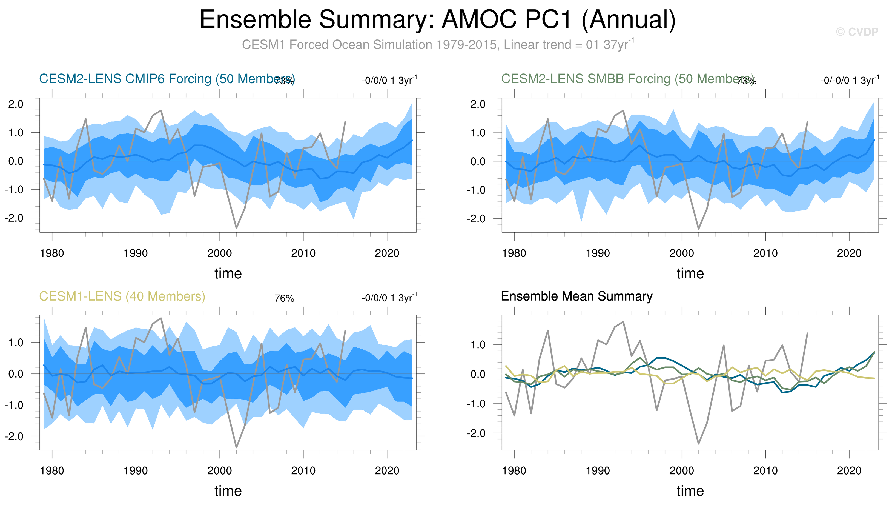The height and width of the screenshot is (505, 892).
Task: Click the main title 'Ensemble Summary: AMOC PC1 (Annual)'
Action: click(x=437, y=19)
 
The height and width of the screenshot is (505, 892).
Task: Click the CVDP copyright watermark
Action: click(x=857, y=32)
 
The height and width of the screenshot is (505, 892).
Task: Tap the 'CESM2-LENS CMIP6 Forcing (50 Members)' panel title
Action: click(x=167, y=79)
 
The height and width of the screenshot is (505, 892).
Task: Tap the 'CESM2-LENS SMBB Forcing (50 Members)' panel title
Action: click(x=627, y=79)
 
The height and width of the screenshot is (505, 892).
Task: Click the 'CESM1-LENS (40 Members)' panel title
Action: click(x=122, y=296)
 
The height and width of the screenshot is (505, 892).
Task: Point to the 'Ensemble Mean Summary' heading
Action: click(x=576, y=296)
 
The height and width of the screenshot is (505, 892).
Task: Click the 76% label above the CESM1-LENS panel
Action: click(x=284, y=298)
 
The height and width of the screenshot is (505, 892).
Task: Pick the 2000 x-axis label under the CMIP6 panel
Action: click(x=219, y=253)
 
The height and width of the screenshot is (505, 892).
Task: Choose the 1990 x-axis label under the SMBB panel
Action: click(x=598, y=253)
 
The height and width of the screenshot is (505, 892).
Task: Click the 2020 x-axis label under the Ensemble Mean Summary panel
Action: click(x=849, y=471)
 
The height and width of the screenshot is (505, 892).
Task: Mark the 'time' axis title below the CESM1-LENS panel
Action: click(x=228, y=491)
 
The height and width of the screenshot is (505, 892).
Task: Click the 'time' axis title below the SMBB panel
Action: click(x=690, y=273)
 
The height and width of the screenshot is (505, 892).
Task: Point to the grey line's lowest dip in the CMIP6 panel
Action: click(x=236, y=228)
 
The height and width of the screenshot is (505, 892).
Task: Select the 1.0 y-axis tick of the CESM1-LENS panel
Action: click(x=16, y=343)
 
